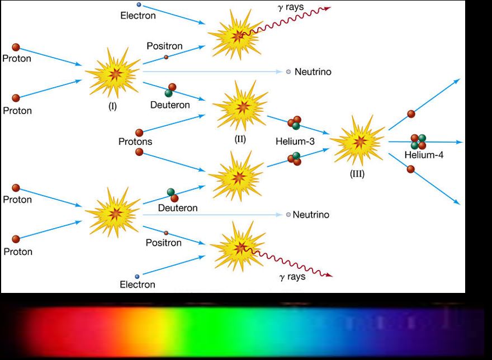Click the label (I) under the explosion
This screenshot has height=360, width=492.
[x=112, y=107]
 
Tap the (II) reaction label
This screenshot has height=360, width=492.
[x=240, y=139]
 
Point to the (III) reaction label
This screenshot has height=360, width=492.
[x=357, y=174]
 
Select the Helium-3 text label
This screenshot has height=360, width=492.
[x=295, y=141]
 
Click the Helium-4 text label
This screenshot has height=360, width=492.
[x=424, y=155]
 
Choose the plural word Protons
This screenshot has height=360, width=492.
[x=135, y=141]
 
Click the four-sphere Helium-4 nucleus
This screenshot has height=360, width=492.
[x=419, y=141]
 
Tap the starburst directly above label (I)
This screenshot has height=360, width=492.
[x=114, y=73]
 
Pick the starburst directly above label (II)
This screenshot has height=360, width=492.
[x=241, y=106]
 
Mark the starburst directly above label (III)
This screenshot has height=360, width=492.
[x=358, y=141]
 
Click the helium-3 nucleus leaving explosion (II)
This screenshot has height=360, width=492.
[x=295, y=123]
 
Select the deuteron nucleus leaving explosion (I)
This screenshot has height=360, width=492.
[x=171, y=90]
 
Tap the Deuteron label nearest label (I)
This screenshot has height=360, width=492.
[x=170, y=105]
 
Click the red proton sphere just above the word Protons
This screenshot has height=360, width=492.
[x=139, y=132]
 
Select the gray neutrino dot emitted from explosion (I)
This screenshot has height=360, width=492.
[x=288, y=72]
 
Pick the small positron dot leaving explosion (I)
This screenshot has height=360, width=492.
[x=166, y=57]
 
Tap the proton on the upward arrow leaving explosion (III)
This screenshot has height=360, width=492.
[x=411, y=114]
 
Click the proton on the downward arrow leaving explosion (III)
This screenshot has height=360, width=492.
[x=411, y=169]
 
